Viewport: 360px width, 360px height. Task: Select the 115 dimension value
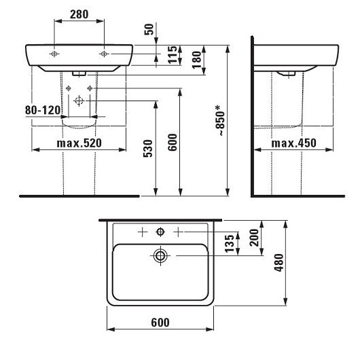pyautogui.click(x=173, y=54)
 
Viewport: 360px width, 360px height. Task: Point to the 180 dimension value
pyautogui.click(x=197, y=58)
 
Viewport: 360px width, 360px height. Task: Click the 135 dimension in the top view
pyautogui.click(x=230, y=242)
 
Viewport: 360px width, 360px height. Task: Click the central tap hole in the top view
pyautogui.click(x=160, y=232)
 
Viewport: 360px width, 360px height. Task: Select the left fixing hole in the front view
pyautogui.click(x=54, y=53)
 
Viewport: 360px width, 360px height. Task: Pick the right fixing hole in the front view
pyautogui.click(x=103, y=53)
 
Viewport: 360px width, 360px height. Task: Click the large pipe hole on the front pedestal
pyautogui.click(x=79, y=100)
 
